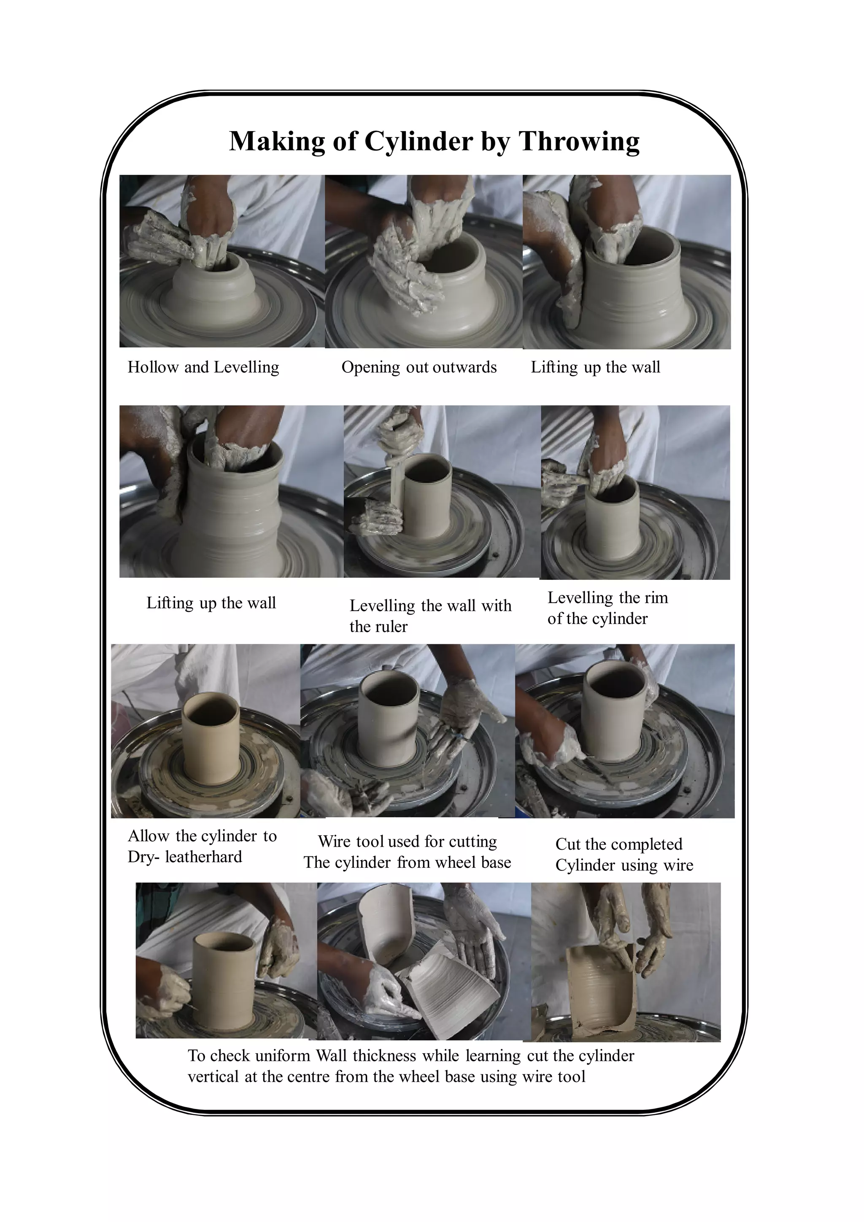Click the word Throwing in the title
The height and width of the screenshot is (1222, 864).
579,142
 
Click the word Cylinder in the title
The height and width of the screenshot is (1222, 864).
418,142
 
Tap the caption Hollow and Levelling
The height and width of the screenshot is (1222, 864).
203,367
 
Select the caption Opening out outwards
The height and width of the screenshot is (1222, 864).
418,367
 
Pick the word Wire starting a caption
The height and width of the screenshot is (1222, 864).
335,842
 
